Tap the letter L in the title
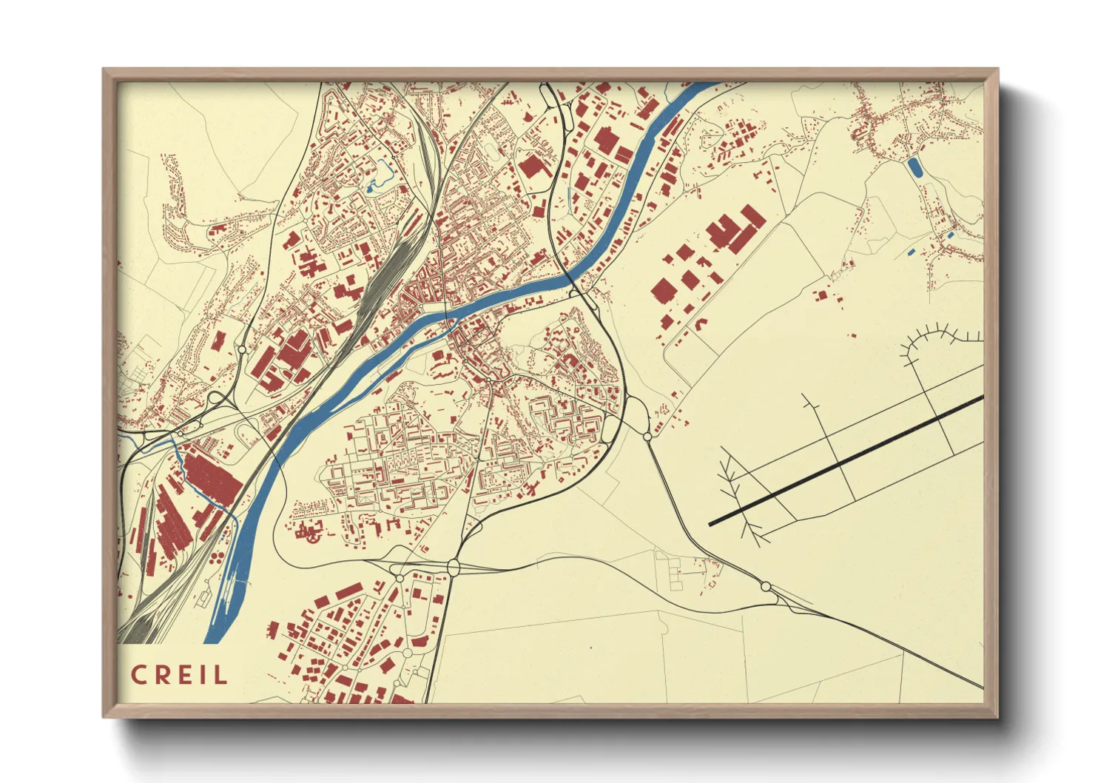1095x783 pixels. click(x=220, y=675)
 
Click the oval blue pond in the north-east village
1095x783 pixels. click(x=915, y=167)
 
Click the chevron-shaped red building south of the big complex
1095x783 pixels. click(x=700, y=323)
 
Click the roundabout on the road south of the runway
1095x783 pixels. click(x=766, y=586)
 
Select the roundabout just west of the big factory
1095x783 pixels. click(x=242, y=349)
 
